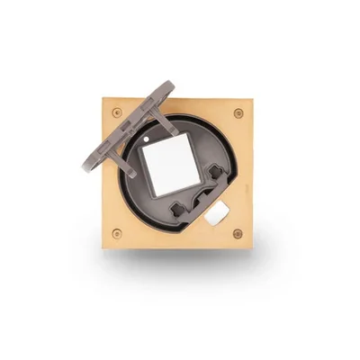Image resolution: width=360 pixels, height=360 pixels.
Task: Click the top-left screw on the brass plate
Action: click(117, 112)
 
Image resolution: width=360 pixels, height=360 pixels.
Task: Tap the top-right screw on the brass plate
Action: click(238, 113)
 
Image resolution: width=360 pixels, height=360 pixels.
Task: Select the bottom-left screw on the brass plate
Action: click(117, 233)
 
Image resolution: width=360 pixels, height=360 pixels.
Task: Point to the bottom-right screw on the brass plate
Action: click(238, 233)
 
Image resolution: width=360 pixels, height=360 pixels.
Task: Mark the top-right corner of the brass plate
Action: click(252, 99)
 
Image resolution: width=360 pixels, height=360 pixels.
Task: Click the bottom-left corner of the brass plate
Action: click(103, 247)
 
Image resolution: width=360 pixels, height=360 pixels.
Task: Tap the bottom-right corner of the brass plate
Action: click(252, 247)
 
